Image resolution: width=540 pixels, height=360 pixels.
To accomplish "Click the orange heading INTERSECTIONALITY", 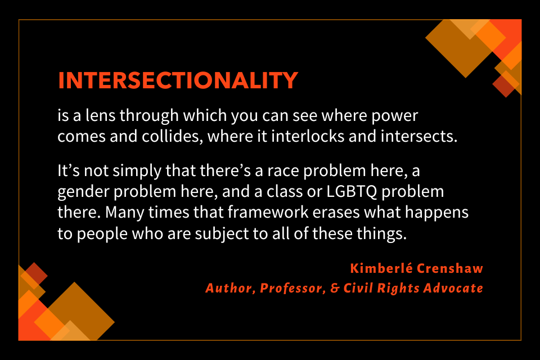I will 178,80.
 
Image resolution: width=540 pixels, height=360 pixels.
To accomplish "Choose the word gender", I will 82,191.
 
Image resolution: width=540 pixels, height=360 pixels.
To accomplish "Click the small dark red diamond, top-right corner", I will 504,85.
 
